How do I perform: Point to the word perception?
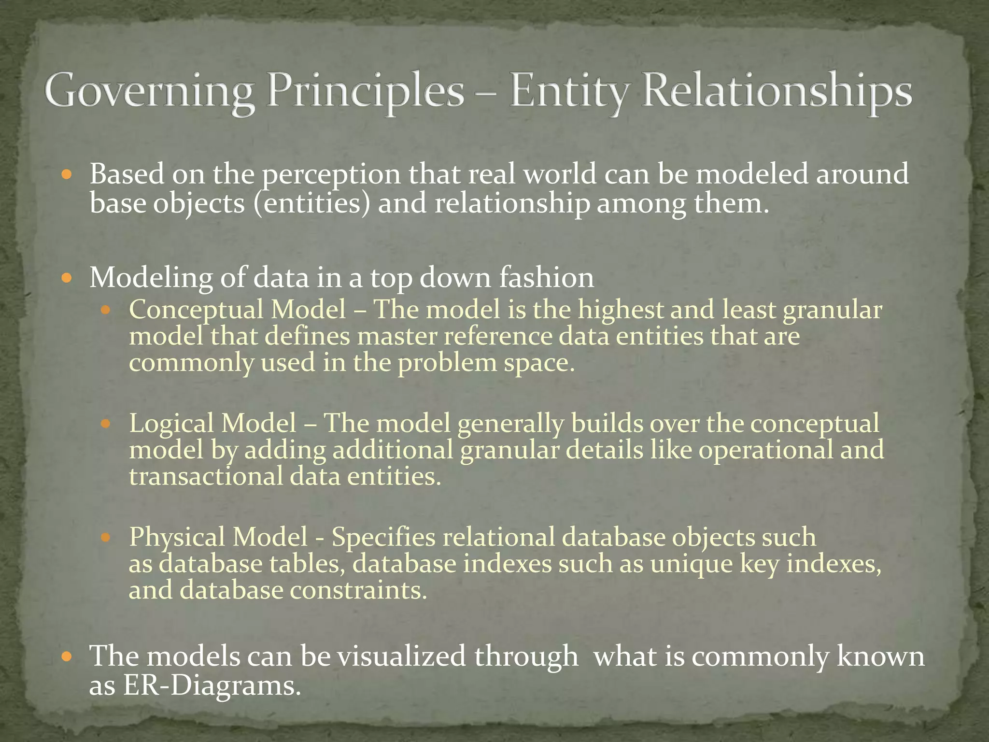coord(332,175)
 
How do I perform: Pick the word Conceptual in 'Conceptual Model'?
coord(196,310)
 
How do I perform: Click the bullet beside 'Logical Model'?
coord(106,424)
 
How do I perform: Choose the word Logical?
coord(171,424)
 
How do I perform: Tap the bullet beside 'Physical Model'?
coord(106,537)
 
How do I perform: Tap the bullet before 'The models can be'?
coord(67,657)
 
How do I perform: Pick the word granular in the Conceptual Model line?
coord(832,310)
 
